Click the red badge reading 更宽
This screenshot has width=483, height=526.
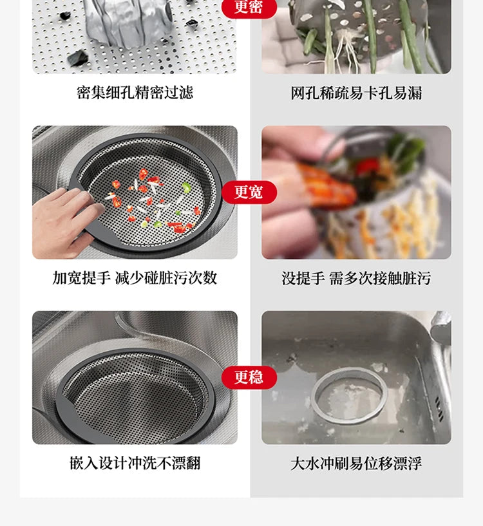[x=249, y=192]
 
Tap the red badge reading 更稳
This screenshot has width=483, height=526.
[x=249, y=377]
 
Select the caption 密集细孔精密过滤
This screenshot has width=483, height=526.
[x=135, y=93]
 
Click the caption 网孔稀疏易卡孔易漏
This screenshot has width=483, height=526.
[x=356, y=93]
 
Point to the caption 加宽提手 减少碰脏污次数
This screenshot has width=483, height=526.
[x=135, y=278]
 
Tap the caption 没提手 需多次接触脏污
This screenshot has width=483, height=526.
[x=356, y=278]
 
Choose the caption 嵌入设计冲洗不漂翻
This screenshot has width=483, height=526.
[x=135, y=463]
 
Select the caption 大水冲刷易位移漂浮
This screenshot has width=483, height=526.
[x=356, y=463]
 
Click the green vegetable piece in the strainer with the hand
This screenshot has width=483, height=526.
[x=185, y=188]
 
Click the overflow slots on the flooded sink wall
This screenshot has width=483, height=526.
[x=437, y=405]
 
